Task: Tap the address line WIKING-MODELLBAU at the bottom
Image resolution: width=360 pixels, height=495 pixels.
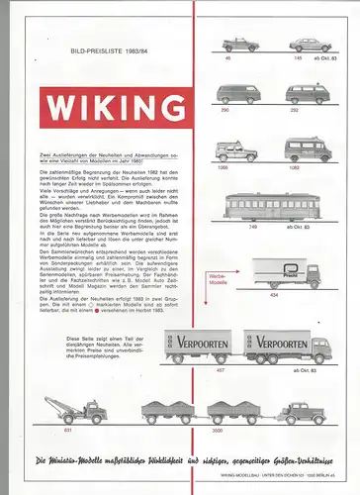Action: (292, 475)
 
